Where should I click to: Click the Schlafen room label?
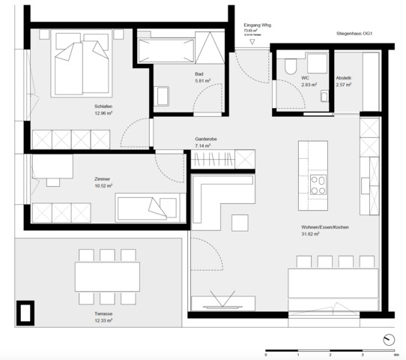click(103, 106)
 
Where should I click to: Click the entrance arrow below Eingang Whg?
click(252, 42)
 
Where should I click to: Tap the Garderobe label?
click(206, 139)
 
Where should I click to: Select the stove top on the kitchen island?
click(319, 184)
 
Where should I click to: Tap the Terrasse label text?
click(103, 313)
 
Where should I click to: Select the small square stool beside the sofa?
click(240, 223)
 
